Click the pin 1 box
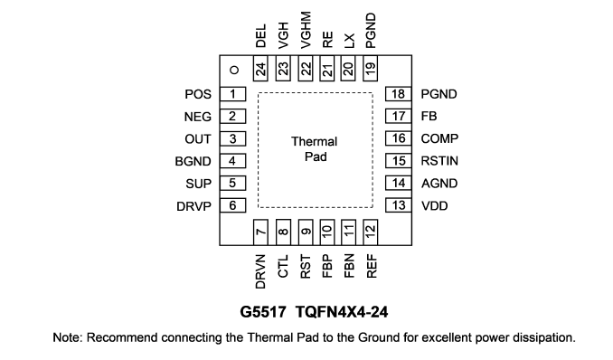[x=232, y=94]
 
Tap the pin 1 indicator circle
[x=234, y=70]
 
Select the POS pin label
[x=198, y=94]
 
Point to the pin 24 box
[x=260, y=68]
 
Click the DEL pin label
[x=260, y=36]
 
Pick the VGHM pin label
[x=306, y=30]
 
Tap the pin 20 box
[x=348, y=68]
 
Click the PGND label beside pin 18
[x=439, y=94]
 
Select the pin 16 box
[x=399, y=138]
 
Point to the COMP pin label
[x=439, y=138]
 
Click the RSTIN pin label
[x=439, y=161]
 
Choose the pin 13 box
[x=399, y=205]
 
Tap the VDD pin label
[x=435, y=206]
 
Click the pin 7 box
[x=260, y=232]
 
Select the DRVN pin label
[x=260, y=271]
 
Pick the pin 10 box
[x=326, y=232]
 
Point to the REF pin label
[x=372, y=266]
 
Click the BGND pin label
[x=193, y=161]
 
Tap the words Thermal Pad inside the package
[x=315, y=149]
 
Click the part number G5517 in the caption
[x=263, y=312]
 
